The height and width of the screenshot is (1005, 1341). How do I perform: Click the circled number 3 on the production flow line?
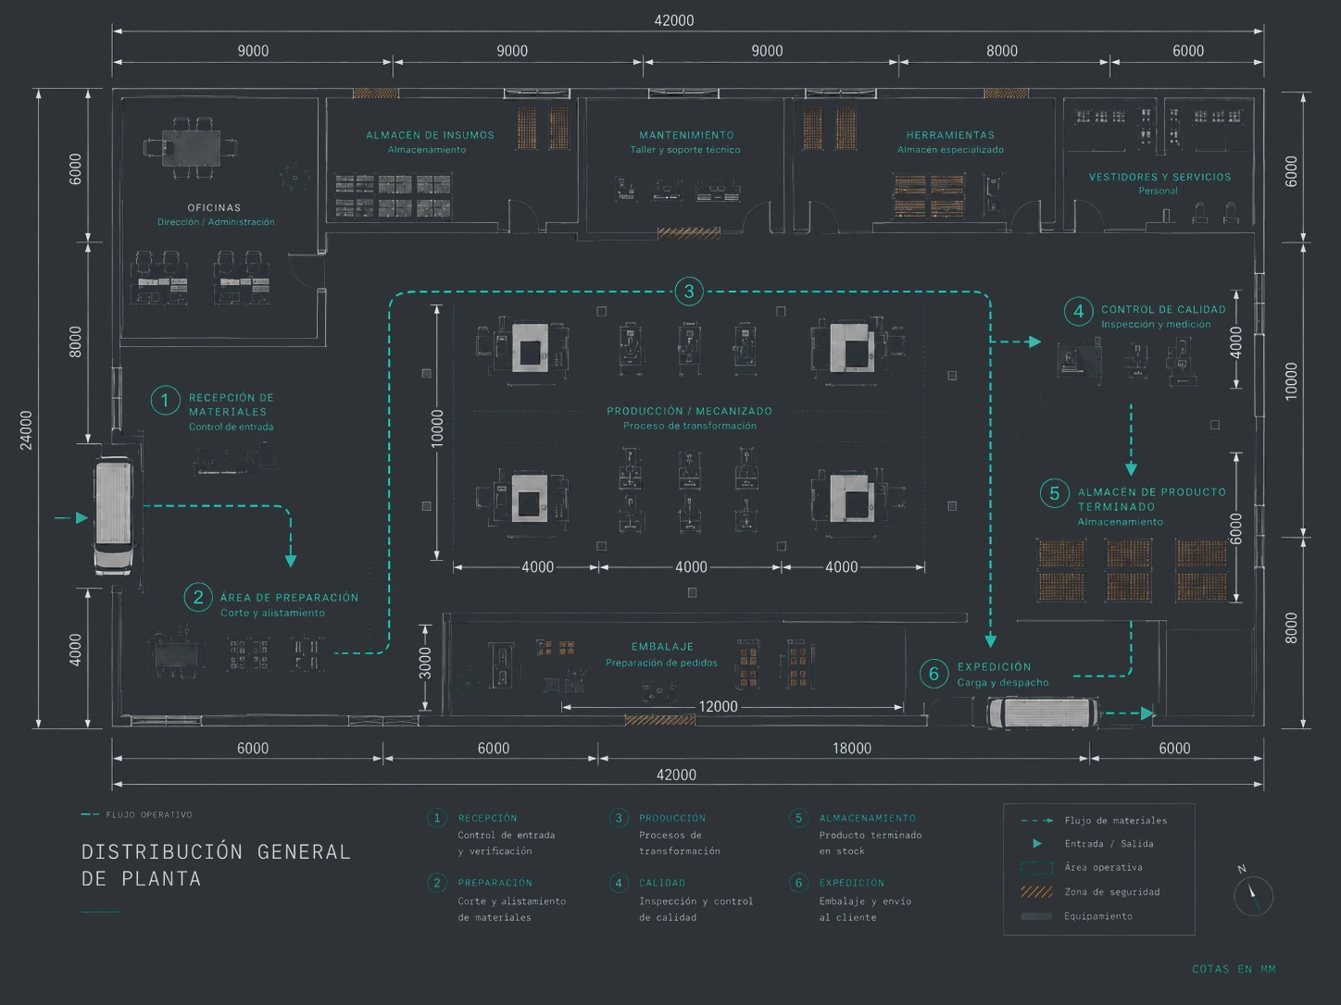tap(688, 292)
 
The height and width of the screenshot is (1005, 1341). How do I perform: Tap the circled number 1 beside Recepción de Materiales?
tap(165, 401)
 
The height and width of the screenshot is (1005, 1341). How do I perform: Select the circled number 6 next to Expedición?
tap(934, 674)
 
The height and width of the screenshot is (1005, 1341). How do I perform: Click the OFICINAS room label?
tap(214, 207)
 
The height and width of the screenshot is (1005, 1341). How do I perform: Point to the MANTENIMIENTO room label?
tap(686, 135)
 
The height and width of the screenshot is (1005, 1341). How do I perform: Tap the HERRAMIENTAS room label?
tap(950, 135)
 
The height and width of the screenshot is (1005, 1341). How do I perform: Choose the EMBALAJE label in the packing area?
tap(662, 646)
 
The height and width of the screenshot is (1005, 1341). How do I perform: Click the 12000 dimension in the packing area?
tap(718, 707)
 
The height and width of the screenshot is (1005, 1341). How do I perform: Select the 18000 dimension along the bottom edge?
tap(852, 748)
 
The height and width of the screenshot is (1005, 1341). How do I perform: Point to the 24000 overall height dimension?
tap(26, 430)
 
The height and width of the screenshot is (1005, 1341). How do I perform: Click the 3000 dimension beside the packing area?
tap(425, 664)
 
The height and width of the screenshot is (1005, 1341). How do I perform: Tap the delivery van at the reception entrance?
tap(114, 516)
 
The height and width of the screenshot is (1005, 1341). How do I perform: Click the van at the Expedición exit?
tap(1042, 713)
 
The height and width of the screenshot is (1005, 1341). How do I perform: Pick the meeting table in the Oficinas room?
tap(190, 148)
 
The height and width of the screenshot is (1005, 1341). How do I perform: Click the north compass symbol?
tap(1252, 894)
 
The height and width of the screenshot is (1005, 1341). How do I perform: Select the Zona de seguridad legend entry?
tap(1091, 892)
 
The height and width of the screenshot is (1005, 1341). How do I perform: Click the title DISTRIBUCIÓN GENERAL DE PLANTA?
tap(217, 865)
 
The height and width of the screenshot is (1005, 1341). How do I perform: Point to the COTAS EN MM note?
tap(1234, 969)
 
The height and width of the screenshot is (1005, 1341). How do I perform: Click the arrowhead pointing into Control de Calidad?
tap(1034, 341)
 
